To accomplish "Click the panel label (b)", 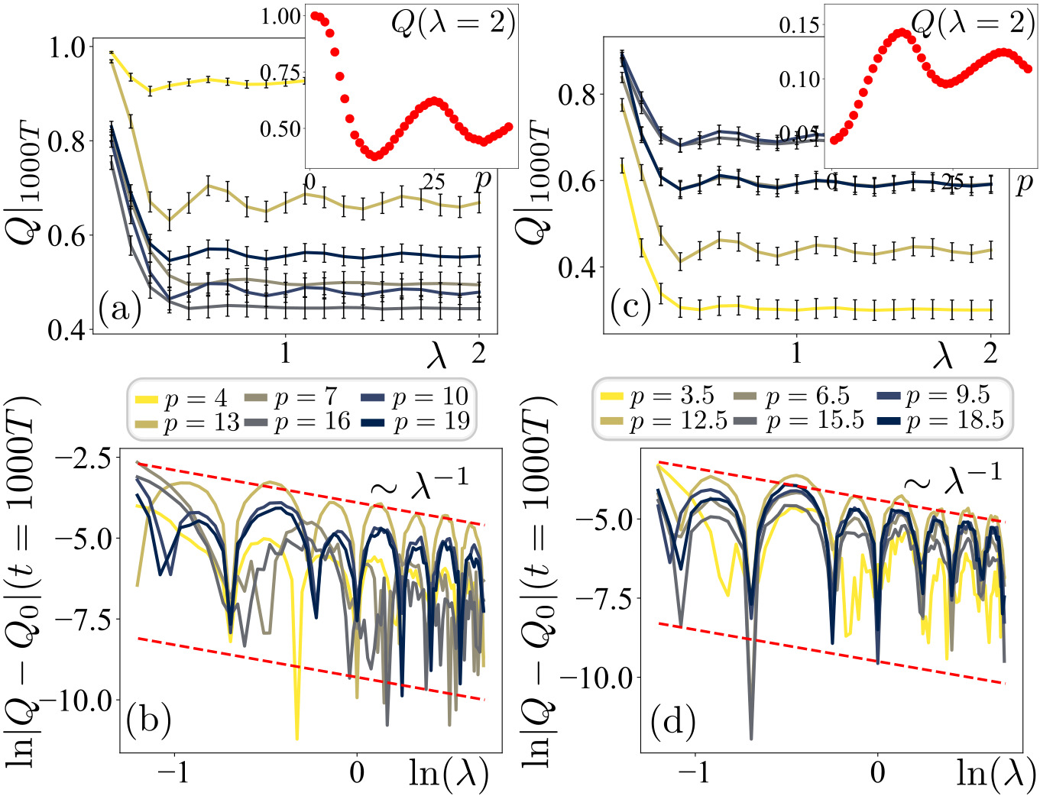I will coord(148,720).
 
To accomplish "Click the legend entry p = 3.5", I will coord(657,396).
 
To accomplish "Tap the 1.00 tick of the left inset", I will coord(280,17).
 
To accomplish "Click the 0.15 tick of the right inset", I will coord(799,25).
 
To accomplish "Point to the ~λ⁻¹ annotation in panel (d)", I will coord(952,478).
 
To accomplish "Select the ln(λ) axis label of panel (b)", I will coord(449,773).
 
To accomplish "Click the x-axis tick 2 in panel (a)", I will coord(478,354).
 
